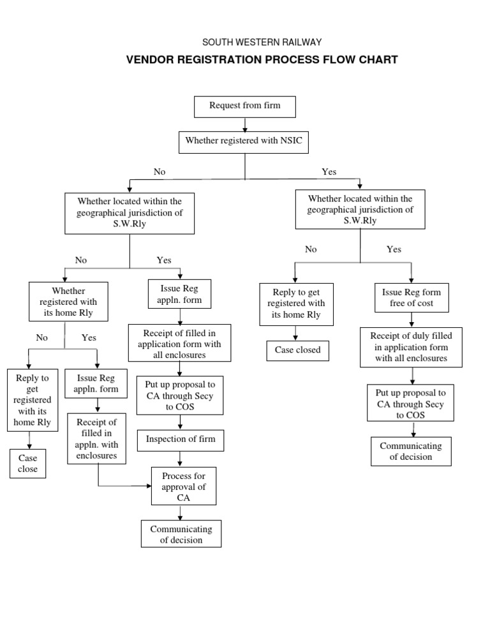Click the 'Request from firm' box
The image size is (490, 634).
[245, 106]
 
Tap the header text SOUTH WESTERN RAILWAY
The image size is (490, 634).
[262, 42]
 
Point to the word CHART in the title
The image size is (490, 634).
[380, 60]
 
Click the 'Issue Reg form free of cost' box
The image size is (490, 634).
[412, 297]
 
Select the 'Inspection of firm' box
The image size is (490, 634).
[181, 439]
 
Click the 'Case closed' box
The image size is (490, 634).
[297, 350]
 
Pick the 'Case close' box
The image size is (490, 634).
[27, 464]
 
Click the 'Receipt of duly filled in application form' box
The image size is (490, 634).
[411, 347]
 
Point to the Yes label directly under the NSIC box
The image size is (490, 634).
[329, 172]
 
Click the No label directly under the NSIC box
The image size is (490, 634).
[160, 172]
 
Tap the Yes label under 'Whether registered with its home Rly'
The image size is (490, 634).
[89, 338]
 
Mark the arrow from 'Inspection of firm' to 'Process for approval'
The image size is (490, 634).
[181, 459]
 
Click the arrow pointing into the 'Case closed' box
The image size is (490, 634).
[294, 334]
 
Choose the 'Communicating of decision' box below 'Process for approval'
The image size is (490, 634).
[181, 534]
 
